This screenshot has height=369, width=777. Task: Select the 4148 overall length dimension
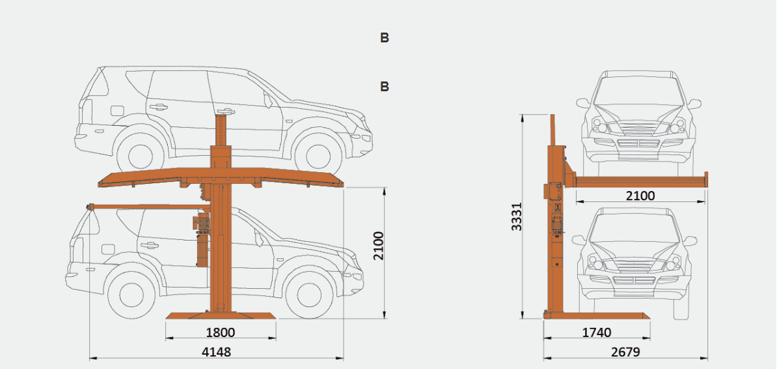click(x=217, y=352)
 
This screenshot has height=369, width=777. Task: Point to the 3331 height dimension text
click(x=517, y=216)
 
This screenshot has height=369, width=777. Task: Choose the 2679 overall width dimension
click(x=625, y=352)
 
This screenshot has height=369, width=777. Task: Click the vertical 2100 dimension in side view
click(x=379, y=245)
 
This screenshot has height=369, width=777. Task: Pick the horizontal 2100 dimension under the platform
click(x=640, y=196)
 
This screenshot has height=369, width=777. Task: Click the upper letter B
click(x=385, y=38)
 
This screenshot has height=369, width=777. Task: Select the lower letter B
click(x=385, y=87)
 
